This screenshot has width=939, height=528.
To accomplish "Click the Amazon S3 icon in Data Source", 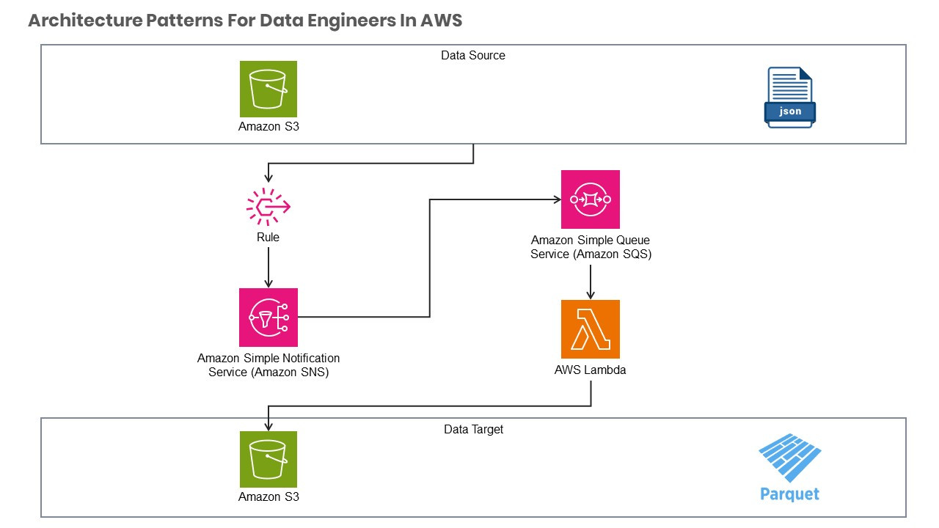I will pos(268,89).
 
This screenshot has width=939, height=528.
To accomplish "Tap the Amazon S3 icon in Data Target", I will pos(268,459).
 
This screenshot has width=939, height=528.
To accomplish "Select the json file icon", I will pos(790,98).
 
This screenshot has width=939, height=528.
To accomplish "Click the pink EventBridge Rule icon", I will pos(268,208).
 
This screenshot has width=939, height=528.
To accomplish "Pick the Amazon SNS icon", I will pos(268,317).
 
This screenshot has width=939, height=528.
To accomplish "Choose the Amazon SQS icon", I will pos(591,199).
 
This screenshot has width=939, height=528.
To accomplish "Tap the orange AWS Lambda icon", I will pos(591,329).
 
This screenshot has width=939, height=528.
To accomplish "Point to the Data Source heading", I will pos(473,55).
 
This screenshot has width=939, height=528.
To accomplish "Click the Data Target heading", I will pos(474,429).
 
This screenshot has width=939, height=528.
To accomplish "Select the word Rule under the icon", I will pos(268,238).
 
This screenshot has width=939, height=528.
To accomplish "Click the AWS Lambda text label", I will pos(591,370).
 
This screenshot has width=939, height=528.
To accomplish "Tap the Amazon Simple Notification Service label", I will pos(268,365).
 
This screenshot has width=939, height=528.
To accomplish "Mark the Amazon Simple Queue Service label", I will pos(591,247).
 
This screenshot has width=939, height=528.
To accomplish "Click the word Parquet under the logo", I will pos(789,494).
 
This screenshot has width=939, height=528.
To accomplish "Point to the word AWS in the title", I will pos(441,21).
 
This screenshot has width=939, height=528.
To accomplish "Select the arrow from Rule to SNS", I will pos(268,267).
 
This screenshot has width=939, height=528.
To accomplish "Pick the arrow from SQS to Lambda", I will pos(591,280).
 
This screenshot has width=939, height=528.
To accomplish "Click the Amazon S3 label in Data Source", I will pos(268,126).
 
